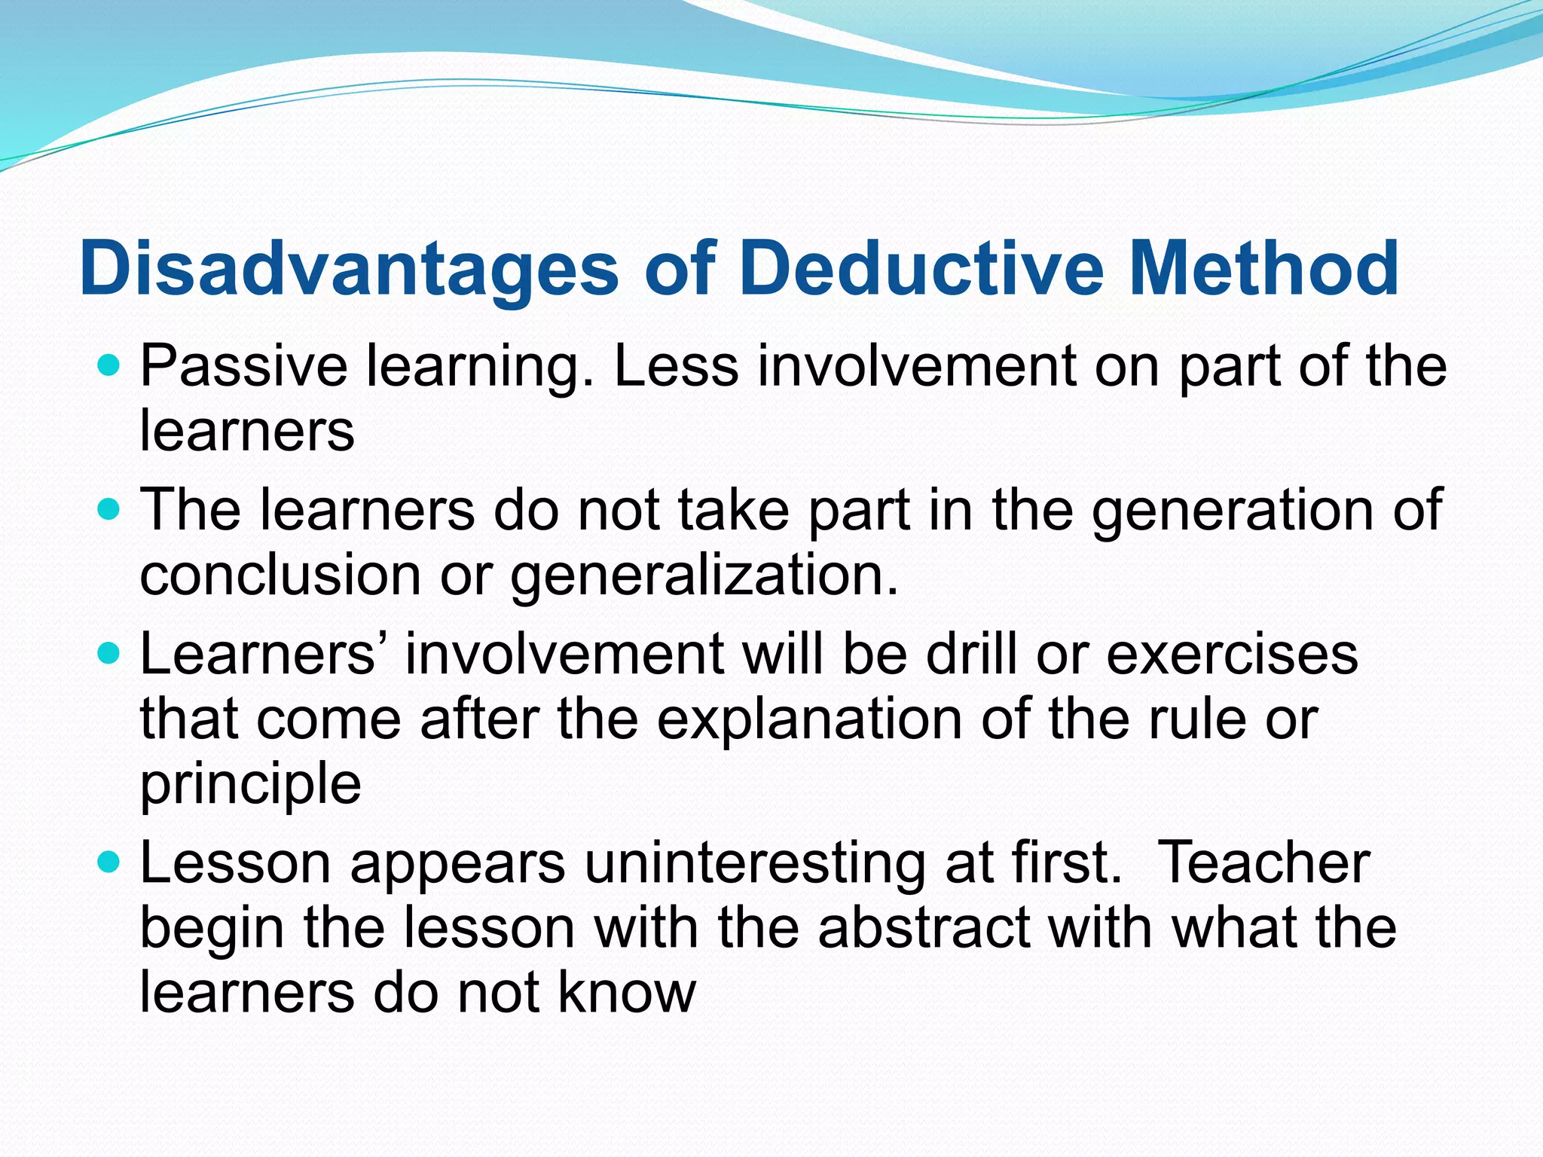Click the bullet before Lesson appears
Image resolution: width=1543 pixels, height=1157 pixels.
109,862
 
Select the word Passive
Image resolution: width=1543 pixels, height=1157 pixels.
243,367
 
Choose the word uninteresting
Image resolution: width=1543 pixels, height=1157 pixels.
754,864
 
